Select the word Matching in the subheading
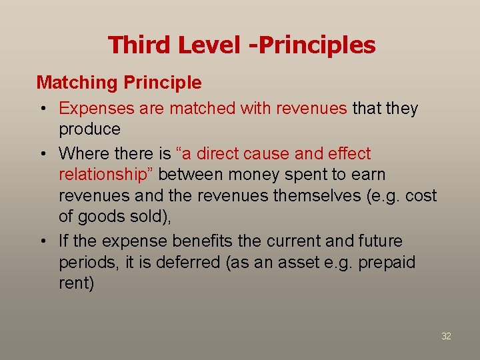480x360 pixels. tap(76, 83)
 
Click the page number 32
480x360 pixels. tap(446, 336)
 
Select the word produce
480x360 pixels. tap(89, 129)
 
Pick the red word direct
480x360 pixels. tap(218, 153)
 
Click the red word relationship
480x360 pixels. tap(107, 175)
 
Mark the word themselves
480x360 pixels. tap(341, 196)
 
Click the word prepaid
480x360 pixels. tap(387, 263)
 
